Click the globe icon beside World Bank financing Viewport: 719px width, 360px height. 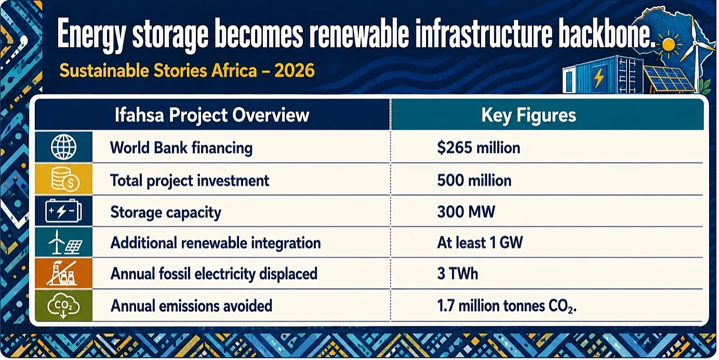click(x=63, y=147)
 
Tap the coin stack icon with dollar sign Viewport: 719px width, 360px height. click(x=65, y=180)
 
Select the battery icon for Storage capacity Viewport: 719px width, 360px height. click(x=63, y=211)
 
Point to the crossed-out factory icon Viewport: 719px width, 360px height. click(x=62, y=273)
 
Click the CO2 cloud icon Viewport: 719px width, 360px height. click(x=63, y=305)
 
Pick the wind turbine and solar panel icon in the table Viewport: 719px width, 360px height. click(x=65, y=242)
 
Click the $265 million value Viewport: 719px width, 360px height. click(x=478, y=148)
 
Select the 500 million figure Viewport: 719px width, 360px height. click(x=474, y=180)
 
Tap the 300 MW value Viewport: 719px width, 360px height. click(x=466, y=212)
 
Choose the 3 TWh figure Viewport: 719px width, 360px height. click(x=457, y=274)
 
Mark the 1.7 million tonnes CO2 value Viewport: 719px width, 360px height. click(x=507, y=306)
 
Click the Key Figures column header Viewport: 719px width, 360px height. click(x=529, y=115)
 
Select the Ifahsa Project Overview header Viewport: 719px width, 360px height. click(x=212, y=115)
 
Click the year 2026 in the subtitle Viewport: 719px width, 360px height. click(x=295, y=71)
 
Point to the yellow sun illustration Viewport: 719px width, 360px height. click(x=669, y=45)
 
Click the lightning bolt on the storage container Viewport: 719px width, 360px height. click(x=598, y=77)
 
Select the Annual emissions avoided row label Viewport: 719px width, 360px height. click(x=191, y=305)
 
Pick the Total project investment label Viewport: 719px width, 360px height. click(x=190, y=181)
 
